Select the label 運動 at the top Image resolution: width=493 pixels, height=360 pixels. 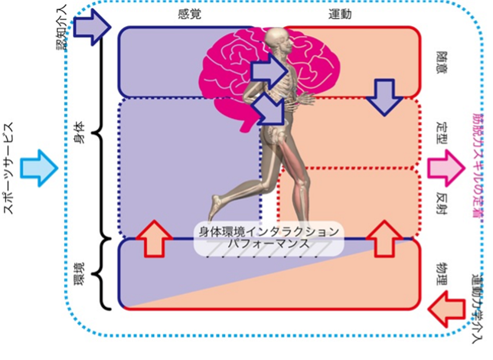(340, 14)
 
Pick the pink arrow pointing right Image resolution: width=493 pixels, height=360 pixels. (446, 168)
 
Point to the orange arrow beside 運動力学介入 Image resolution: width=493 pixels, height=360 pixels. (446, 309)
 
